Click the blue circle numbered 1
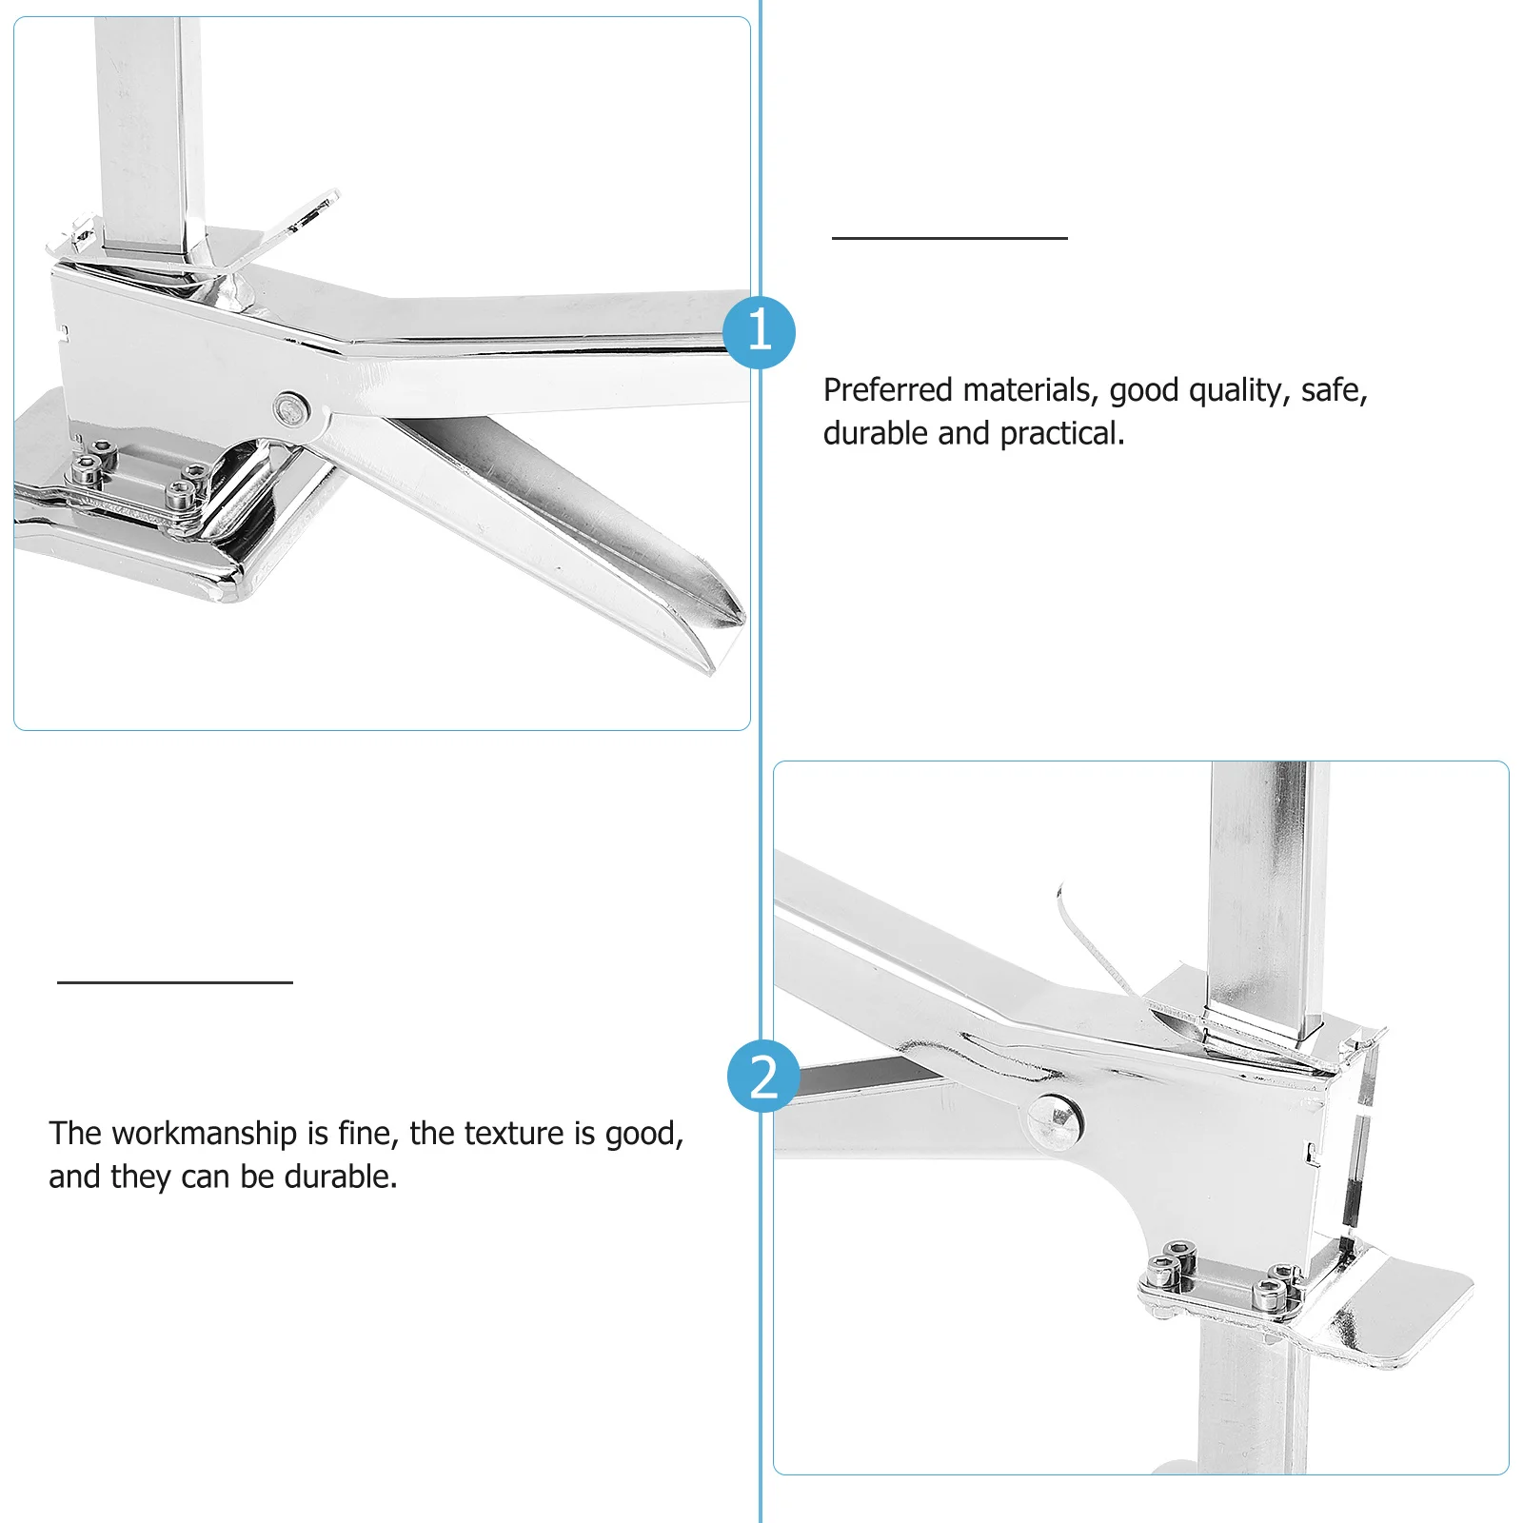pos(759,332)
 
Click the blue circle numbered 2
pos(763,1077)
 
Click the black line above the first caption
pos(949,238)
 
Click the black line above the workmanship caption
pos(174,981)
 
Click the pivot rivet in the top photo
pos(292,409)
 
